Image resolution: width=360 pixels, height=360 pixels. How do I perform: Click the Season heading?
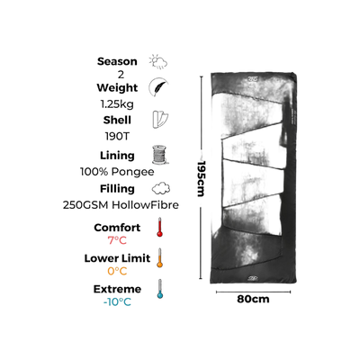point(117,61)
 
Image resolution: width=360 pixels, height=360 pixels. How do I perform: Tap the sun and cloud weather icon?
point(158,62)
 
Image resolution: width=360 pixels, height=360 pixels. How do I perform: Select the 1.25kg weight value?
point(117,104)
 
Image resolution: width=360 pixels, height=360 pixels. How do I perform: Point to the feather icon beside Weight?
point(158,87)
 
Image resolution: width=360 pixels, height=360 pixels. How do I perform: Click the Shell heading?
point(117,120)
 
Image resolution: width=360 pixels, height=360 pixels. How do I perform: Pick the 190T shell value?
point(117,136)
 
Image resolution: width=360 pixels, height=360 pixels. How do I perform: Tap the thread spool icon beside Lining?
point(159,155)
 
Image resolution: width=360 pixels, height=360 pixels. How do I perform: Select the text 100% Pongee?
point(117,172)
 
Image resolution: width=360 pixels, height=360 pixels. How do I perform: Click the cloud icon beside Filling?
point(161,189)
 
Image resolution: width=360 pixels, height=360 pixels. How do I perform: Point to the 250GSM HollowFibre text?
point(121,205)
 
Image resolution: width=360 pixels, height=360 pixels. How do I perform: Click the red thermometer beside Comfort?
point(159,227)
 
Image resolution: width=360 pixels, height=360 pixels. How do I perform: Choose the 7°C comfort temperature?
point(117,240)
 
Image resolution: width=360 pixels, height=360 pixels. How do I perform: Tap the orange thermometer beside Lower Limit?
point(160,257)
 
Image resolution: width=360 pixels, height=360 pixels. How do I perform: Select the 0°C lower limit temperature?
point(117,271)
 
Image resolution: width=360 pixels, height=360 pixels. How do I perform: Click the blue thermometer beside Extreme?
point(160,289)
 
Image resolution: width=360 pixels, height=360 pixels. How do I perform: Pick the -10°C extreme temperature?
point(117,301)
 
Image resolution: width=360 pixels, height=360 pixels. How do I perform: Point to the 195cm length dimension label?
point(201,179)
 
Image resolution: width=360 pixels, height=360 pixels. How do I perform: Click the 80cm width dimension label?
point(253,299)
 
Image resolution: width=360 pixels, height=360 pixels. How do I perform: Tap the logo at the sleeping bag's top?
point(254,79)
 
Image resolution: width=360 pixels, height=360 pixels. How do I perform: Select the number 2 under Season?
point(121,75)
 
